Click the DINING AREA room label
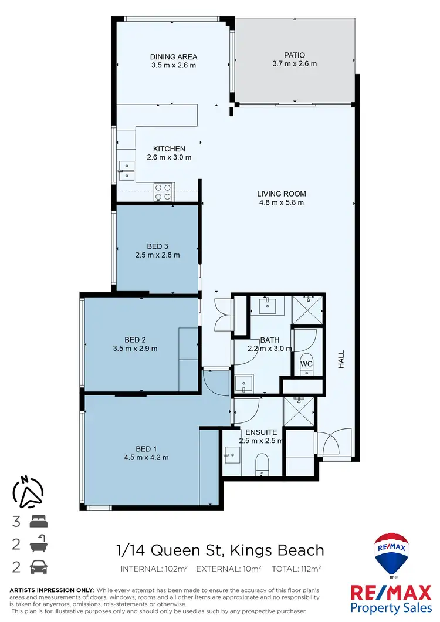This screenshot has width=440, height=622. pos(173,57)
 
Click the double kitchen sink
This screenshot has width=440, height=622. pos(126,170)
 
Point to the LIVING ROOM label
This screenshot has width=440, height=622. pos(282,194)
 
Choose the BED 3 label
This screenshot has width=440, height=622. pos(157,246)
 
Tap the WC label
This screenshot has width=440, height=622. pos(306,364)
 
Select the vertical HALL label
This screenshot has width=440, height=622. pos(341,359)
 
